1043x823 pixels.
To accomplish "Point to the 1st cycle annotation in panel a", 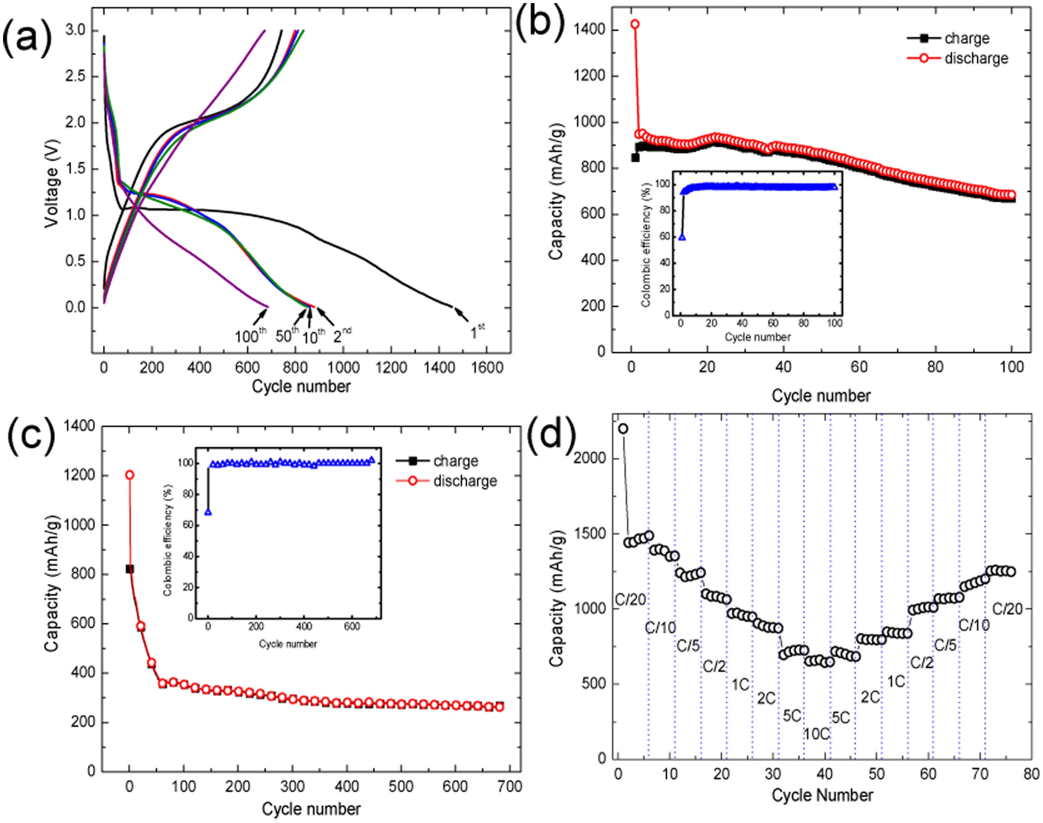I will click(477, 331).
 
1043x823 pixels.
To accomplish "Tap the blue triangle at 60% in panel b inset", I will click(682, 237).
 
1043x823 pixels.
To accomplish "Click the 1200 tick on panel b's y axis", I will click(590, 76).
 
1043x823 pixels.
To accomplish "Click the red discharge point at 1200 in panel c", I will click(129, 475).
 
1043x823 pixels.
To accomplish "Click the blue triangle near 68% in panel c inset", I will click(208, 512).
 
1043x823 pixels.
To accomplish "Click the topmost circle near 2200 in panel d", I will click(623, 429).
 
